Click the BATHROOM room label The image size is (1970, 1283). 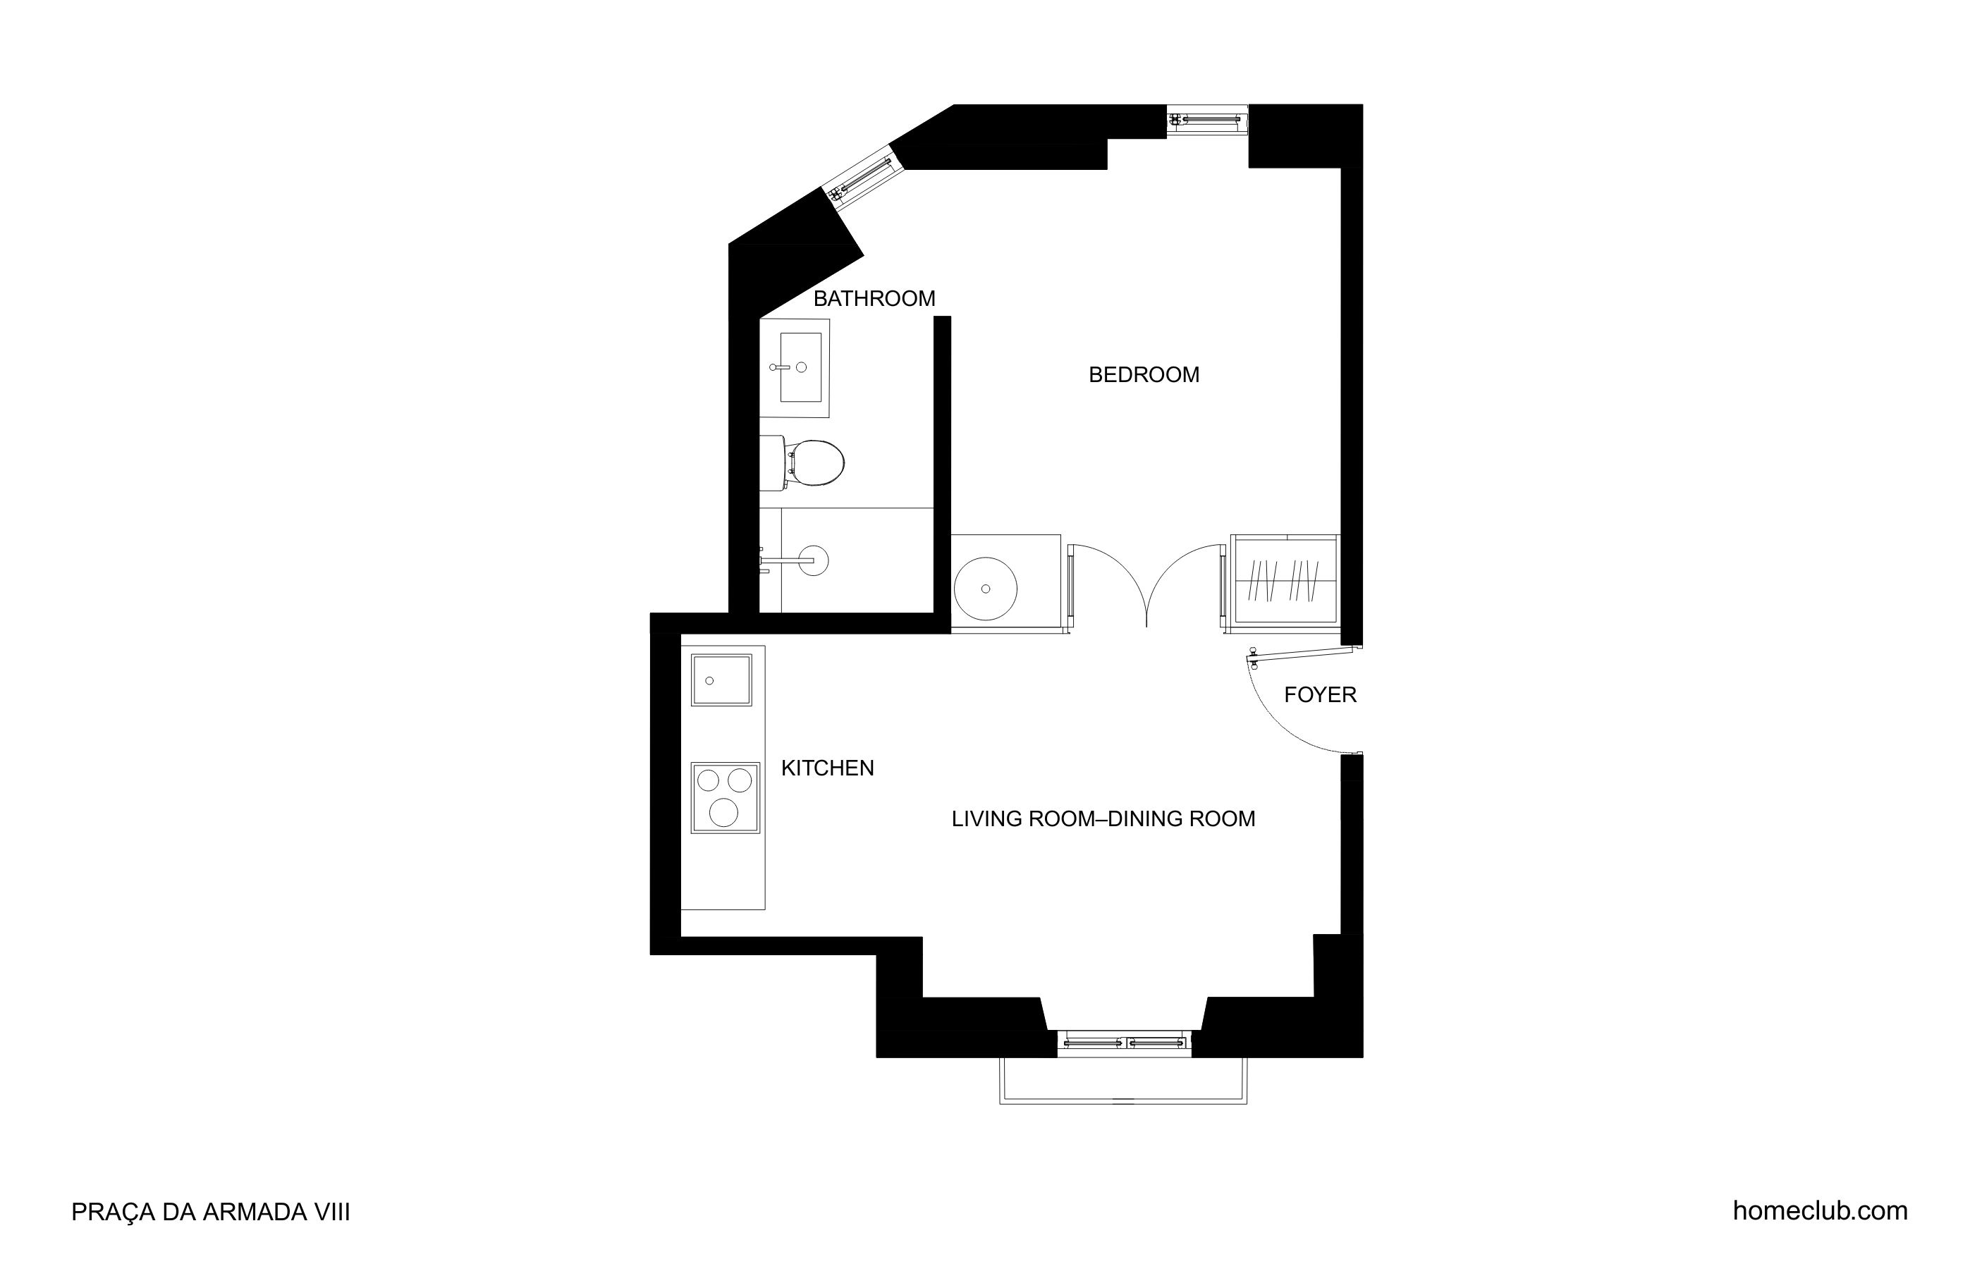874,299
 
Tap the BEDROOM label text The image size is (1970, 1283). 1144,375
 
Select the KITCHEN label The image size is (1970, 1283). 828,768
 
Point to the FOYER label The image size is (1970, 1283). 1320,694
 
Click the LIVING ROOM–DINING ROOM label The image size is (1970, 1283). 1103,818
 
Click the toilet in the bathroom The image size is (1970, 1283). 802,462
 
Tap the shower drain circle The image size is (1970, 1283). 814,560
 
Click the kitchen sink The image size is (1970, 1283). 722,680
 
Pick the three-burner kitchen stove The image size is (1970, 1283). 725,798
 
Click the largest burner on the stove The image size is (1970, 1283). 723,813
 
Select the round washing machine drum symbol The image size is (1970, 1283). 985,589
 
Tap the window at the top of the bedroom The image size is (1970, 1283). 1207,120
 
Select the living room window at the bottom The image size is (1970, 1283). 1124,1043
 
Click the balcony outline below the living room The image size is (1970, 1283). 1123,1103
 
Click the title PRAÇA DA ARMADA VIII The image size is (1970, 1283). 211,1213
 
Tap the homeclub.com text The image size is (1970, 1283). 1821,1211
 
